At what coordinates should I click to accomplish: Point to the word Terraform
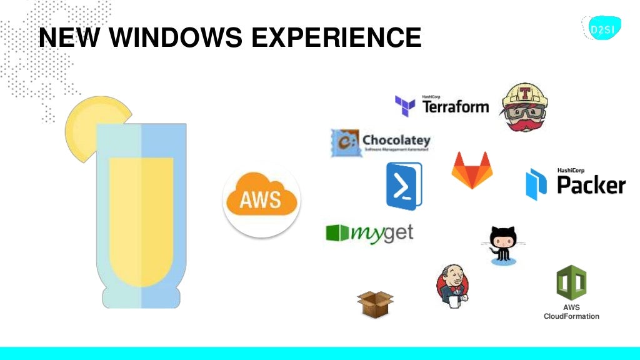coord(456,106)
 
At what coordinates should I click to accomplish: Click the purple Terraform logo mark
coord(405,106)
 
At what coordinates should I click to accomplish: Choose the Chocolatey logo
coord(380,142)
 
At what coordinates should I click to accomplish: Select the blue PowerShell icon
coord(404,186)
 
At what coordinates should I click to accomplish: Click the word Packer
coord(591,184)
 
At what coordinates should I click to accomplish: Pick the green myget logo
coord(369,233)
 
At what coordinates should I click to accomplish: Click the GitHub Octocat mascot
coord(503,245)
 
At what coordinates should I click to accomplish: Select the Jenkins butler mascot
coord(452,286)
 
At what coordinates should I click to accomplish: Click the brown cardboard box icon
coord(375,304)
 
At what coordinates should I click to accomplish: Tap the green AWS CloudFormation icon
coord(571,282)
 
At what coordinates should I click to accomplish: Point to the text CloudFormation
coord(571,316)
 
